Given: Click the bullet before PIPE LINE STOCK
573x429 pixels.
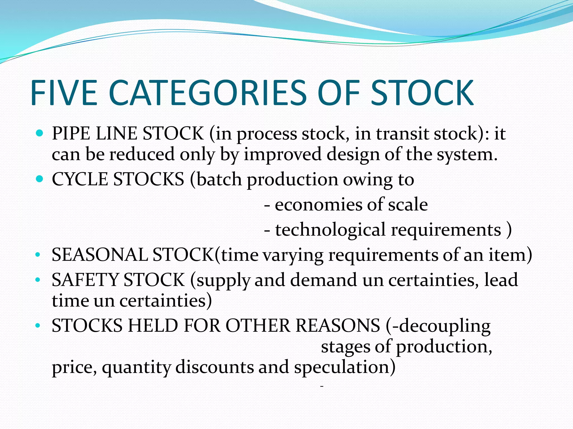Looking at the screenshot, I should (40, 133).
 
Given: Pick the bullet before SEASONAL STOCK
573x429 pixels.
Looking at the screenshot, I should (38, 255).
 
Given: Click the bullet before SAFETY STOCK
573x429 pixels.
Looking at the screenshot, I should (38, 280).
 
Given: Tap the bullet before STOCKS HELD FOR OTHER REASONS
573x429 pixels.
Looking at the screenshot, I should (38, 325).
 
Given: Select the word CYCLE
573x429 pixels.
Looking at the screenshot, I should (80, 179).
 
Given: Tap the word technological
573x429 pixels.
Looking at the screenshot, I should (330, 230).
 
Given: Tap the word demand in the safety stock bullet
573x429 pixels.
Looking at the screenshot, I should (323, 280).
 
